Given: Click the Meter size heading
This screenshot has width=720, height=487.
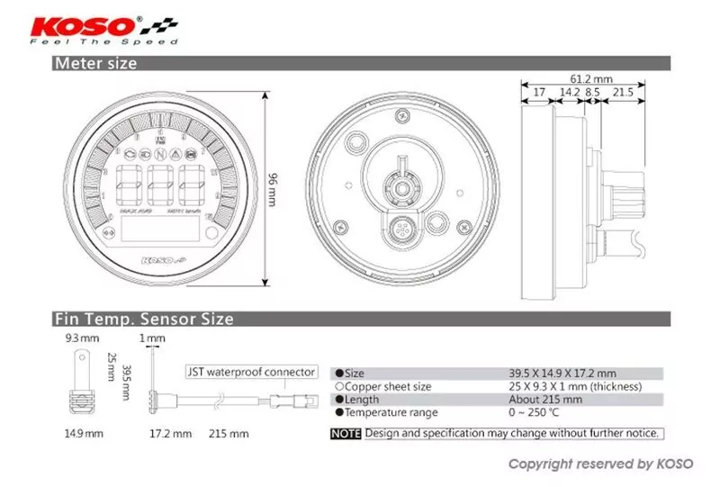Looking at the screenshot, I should tap(95, 63).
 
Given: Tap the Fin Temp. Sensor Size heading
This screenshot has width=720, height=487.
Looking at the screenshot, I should tap(144, 319).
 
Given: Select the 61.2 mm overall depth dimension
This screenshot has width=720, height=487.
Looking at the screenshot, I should tap(590, 77).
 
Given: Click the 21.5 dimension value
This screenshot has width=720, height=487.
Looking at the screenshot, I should tap(623, 93).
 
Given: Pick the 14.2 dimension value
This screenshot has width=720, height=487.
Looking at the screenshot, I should tap(569, 93).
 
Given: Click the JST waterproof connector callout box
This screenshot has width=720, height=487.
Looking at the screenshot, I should tap(251, 371).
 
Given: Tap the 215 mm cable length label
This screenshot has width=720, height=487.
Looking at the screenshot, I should tap(229, 433).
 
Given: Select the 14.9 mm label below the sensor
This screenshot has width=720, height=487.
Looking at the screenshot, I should tap(79, 433).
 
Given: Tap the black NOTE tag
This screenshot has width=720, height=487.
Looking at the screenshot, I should tap(346, 433).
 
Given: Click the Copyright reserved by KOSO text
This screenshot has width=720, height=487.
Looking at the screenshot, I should tap(600, 464).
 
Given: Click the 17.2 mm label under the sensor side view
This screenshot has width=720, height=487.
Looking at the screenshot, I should tap(170, 433).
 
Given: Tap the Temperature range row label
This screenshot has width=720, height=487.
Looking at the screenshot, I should tap(391, 412).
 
